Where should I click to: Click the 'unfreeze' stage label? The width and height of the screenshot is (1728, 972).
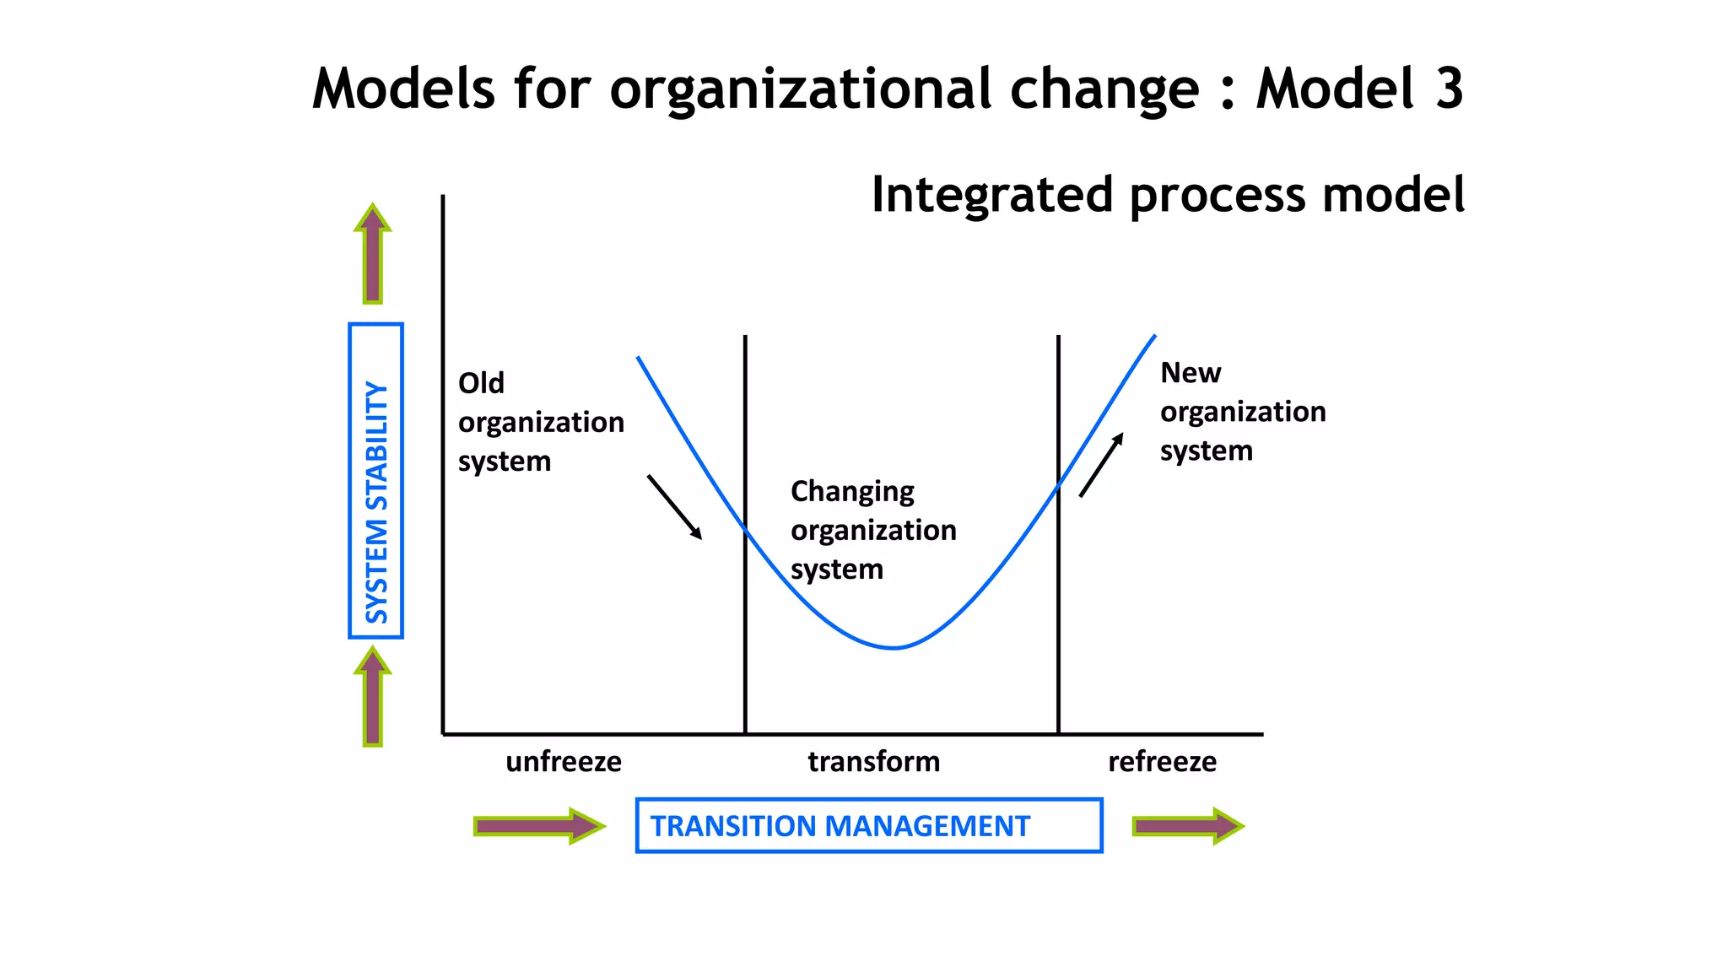[x=564, y=762]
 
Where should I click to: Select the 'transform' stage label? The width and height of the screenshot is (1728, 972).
[x=873, y=762]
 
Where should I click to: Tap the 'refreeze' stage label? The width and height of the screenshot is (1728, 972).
[x=1162, y=762]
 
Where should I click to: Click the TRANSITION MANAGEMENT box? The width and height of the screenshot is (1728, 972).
[x=869, y=825]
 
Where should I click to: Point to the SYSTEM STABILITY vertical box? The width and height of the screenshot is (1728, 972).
[x=375, y=480]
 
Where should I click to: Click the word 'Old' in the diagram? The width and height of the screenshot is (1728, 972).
[x=481, y=383]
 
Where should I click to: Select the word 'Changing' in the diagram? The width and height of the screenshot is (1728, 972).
[x=852, y=492]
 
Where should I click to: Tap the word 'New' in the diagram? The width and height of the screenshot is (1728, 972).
[x=1191, y=373]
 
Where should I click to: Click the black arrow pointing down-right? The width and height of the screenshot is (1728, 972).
[x=674, y=506]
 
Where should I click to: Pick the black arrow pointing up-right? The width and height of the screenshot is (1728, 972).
[x=1101, y=465]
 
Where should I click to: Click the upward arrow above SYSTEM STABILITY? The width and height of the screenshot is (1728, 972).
[x=373, y=253]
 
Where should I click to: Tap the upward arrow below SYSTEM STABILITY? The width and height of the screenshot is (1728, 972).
[x=373, y=696]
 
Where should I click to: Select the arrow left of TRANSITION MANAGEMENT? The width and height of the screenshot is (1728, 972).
[x=539, y=825]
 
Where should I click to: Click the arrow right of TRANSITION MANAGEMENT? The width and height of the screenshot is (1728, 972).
[x=1187, y=825]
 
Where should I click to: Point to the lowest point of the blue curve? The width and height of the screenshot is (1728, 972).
[x=894, y=647]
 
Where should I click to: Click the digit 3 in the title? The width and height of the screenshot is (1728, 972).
[x=1449, y=89]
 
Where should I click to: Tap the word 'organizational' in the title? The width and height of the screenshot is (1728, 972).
[x=800, y=90]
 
